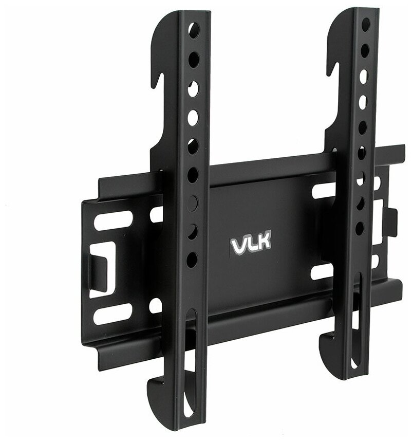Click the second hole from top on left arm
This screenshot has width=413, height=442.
[x=193, y=56]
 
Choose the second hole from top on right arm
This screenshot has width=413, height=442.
[x=365, y=50]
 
